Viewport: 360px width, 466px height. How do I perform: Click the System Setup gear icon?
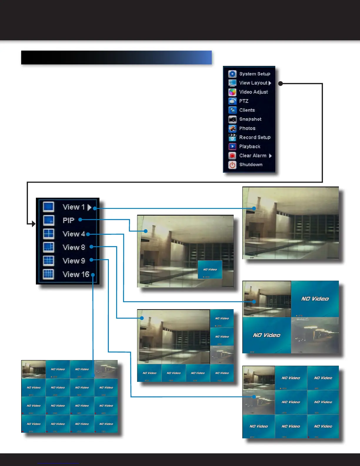coord(232,74)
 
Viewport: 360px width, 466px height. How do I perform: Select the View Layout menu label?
coord(253,83)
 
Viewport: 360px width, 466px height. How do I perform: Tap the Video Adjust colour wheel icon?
coord(232,92)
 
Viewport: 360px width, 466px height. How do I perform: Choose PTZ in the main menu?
coord(244,101)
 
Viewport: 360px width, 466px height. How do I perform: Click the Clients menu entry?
coord(247,110)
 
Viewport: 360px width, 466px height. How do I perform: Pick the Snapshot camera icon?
coord(232,119)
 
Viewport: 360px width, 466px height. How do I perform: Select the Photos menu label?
coord(247,128)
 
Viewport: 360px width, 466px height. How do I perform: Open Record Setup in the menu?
coord(255,137)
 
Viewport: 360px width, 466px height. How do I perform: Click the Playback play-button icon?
coord(232,147)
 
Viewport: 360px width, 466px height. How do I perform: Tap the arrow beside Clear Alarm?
coord(270,156)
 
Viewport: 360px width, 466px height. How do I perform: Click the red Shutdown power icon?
coord(232,165)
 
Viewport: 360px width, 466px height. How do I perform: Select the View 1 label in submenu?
coord(74,207)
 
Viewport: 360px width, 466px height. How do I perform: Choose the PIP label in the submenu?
coord(68,220)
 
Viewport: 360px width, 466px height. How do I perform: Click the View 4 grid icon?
coord(49,234)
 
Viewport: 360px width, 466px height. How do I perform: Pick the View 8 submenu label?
coord(74,247)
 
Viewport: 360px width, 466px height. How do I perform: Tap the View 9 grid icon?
coord(49,261)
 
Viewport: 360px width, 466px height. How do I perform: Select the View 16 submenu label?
coord(76,274)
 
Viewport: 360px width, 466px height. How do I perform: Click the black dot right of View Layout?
coord(281,84)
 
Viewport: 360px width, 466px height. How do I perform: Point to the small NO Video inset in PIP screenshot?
coord(210,269)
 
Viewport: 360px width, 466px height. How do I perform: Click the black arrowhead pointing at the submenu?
coord(33,224)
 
